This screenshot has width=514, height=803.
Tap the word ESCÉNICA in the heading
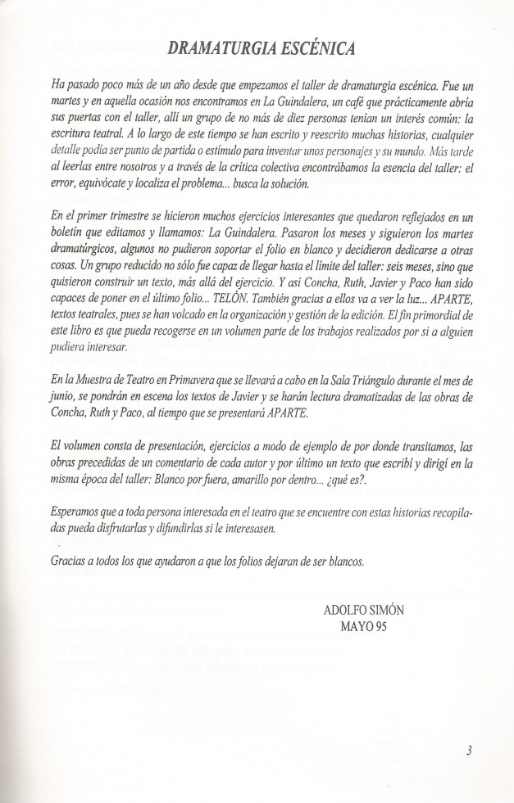point(316,49)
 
